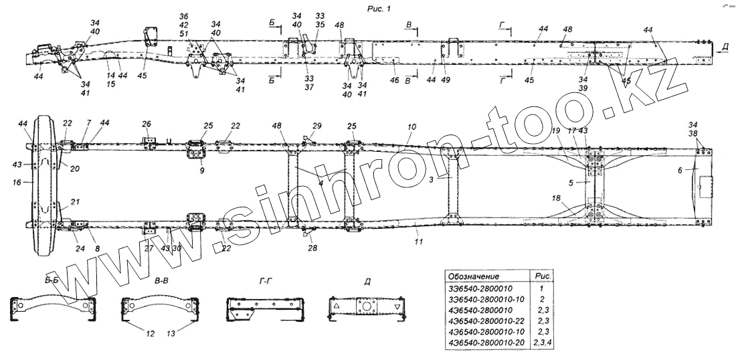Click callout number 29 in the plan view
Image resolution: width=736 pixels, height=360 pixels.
tap(317, 126)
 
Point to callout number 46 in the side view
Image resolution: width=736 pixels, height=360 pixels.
tap(395, 80)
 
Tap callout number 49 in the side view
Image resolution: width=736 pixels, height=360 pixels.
tap(446, 80)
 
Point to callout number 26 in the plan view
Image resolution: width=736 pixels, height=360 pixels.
tap(147, 124)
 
